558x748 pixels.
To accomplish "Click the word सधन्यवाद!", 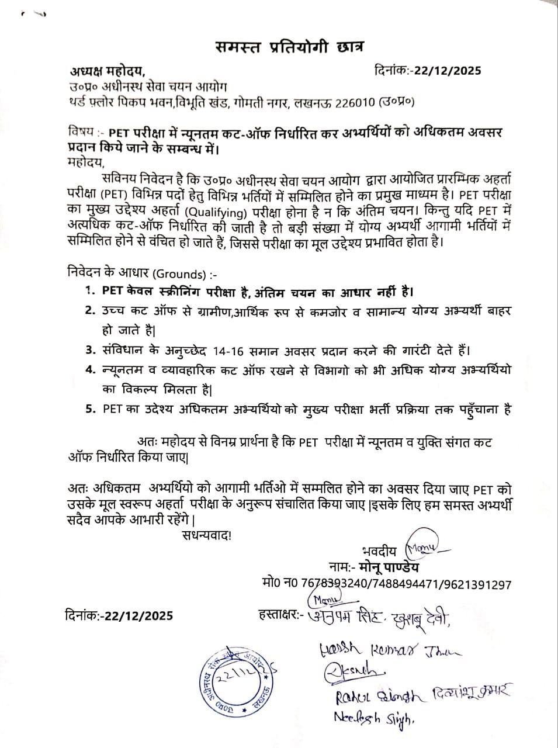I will point(206,535).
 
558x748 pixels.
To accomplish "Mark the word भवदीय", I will point(379,551).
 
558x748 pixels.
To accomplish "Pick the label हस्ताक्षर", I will point(278,615).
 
